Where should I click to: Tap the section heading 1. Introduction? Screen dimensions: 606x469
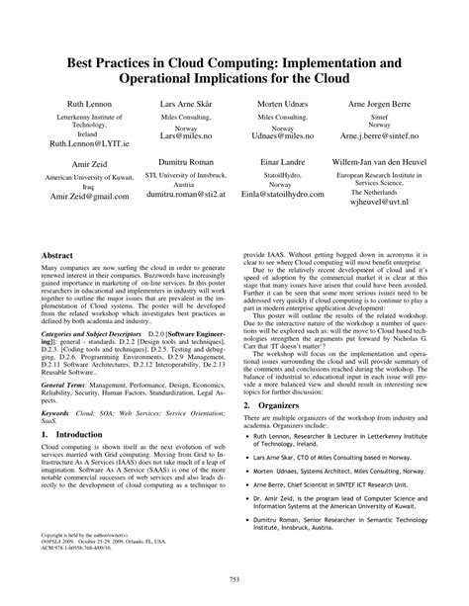tap(72, 462)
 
